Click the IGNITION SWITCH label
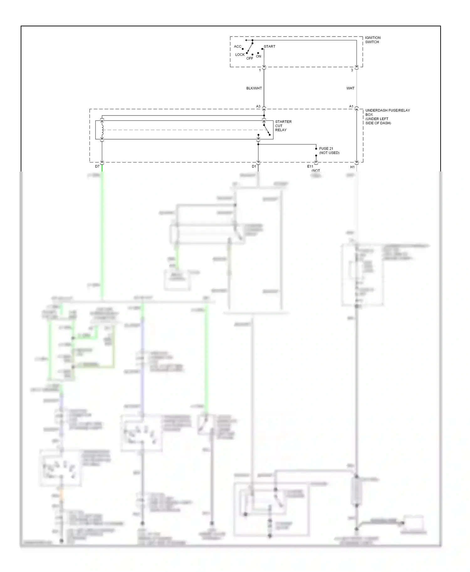pyautogui.click(x=373, y=40)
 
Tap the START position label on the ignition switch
pyautogui.click(x=269, y=47)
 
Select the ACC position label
pyautogui.click(x=238, y=47)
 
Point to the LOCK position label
pyautogui.click(x=240, y=55)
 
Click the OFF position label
pyautogui.click(x=249, y=59)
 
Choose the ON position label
pyautogui.click(x=258, y=57)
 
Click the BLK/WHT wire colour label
pyautogui.click(x=254, y=89)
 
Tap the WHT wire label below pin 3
pyautogui.click(x=350, y=89)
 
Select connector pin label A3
pyautogui.click(x=258, y=107)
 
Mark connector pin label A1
pyautogui.click(x=351, y=107)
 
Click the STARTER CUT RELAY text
pyautogui.click(x=283, y=126)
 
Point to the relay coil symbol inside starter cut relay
pyautogui.click(x=102, y=130)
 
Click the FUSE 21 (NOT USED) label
pyautogui.click(x=329, y=151)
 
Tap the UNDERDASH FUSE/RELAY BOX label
pyautogui.click(x=387, y=117)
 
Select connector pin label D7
pyautogui.click(x=97, y=167)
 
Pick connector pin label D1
pyautogui.click(x=254, y=167)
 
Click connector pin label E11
pyautogui.click(x=310, y=167)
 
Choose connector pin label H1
pyautogui.click(x=352, y=167)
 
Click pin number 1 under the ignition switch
pyautogui.click(x=260, y=70)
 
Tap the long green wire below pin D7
pyautogui.click(x=102, y=235)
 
